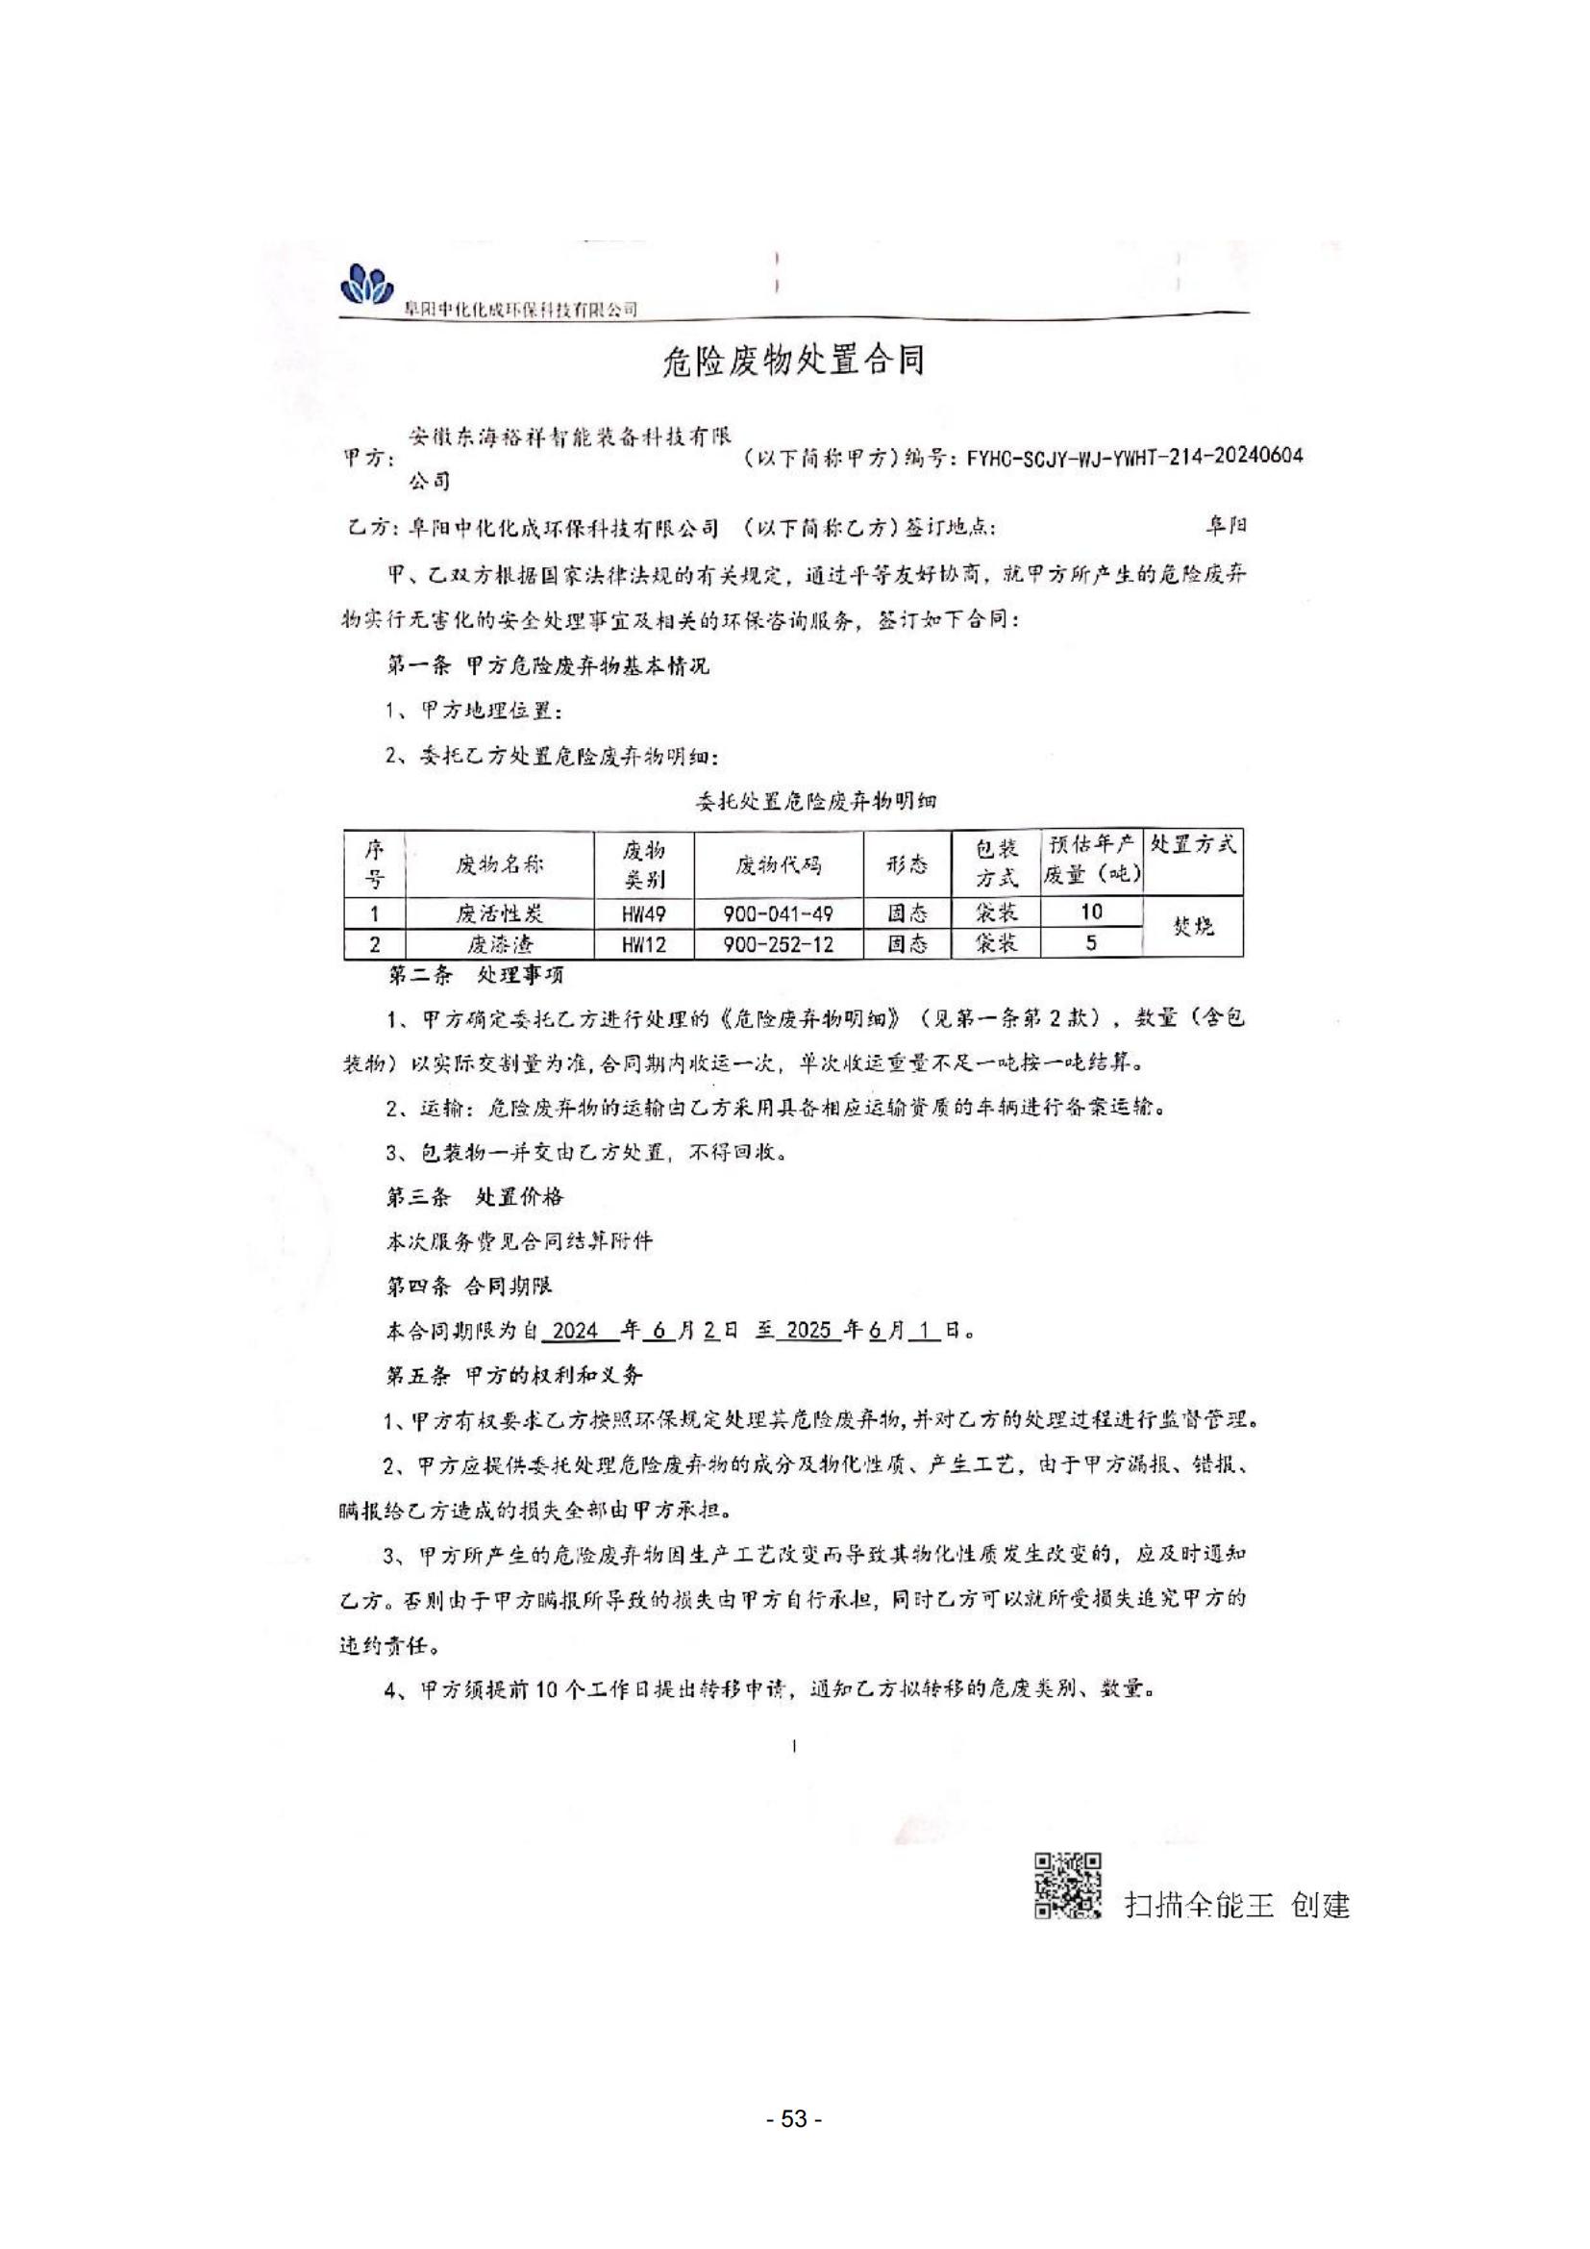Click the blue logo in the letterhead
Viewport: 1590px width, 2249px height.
[x=366, y=285]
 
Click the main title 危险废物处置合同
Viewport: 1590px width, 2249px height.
[x=794, y=362]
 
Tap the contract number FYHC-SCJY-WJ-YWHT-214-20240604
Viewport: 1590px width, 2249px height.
[x=1133, y=457]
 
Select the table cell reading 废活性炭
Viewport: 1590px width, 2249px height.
[x=498, y=912]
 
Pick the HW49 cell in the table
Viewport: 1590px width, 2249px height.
[x=643, y=912]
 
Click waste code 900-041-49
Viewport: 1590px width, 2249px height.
[x=778, y=912]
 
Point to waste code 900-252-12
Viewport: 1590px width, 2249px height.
[x=778, y=943]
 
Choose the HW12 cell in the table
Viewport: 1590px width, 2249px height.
[x=643, y=943]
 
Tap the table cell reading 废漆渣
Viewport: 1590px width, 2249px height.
[x=498, y=943]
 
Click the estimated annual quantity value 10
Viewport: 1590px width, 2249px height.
[x=1092, y=911]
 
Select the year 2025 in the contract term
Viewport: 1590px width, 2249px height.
[x=807, y=1330]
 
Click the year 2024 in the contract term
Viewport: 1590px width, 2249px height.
[x=575, y=1330]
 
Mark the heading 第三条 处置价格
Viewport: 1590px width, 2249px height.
[x=475, y=1196]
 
